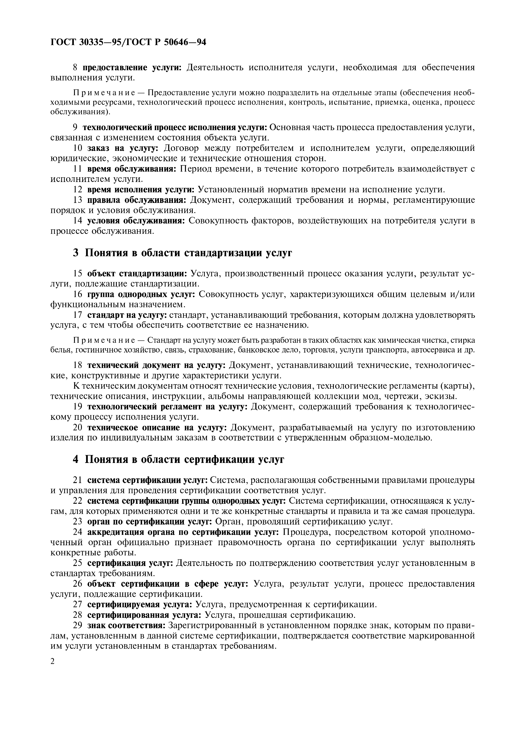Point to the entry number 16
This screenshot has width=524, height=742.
click(x=78, y=294)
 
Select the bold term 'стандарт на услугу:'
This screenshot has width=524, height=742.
click(x=127, y=315)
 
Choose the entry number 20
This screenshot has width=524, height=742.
click(x=78, y=428)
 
